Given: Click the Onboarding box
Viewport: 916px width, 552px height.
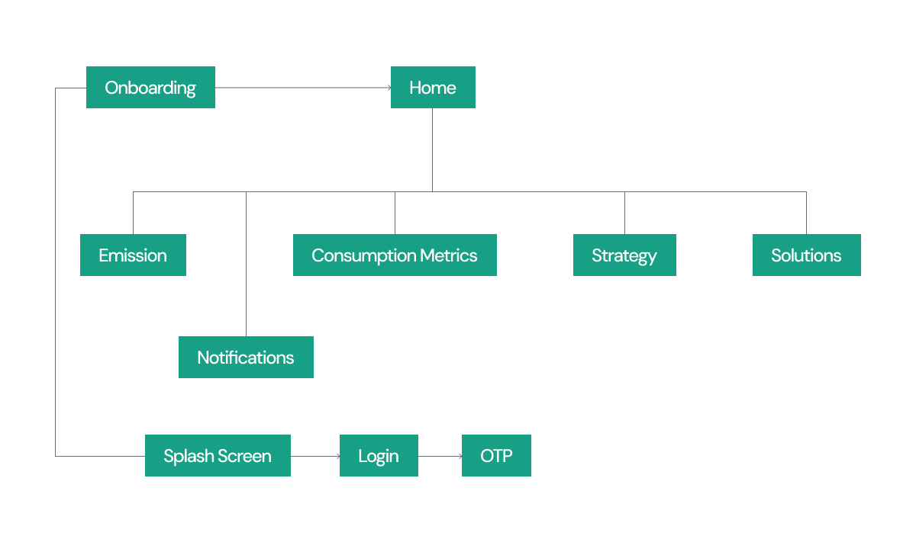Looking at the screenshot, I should [x=150, y=88].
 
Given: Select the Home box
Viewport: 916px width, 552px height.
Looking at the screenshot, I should [x=433, y=88].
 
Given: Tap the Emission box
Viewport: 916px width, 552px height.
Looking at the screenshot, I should [x=133, y=255].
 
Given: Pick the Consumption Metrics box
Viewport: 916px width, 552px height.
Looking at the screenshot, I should [x=395, y=255].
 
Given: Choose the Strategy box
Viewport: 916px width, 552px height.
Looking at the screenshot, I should [x=624, y=255].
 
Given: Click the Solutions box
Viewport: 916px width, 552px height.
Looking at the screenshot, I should [x=806, y=255].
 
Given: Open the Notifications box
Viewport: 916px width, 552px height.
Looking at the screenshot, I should [x=246, y=358].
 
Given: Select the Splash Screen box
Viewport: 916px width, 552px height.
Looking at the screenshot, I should [x=218, y=456].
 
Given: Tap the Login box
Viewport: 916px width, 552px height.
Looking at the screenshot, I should [x=379, y=456].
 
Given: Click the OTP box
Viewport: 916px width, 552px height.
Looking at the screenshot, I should [x=496, y=456].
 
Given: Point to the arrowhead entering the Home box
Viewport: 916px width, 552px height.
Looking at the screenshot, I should [x=388, y=88].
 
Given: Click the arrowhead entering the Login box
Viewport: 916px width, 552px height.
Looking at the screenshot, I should [x=337, y=456].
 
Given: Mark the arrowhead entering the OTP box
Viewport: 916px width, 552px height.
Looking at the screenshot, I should [x=459, y=456].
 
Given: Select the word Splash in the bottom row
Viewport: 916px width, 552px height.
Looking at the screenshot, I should [x=188, y=456].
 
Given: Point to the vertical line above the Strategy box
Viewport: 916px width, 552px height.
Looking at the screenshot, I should [x=624, y=213].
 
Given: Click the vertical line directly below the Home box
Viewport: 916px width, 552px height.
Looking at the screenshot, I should [x=432, y=149].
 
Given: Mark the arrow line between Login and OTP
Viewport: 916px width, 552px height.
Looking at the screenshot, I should [x=439, y=456].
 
